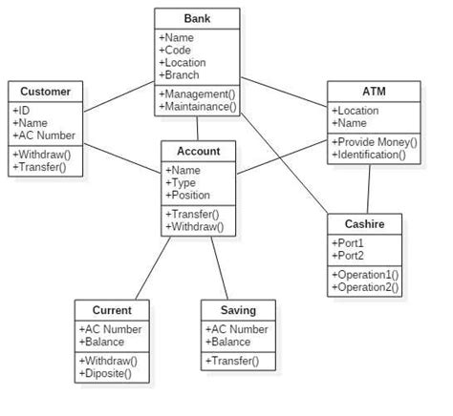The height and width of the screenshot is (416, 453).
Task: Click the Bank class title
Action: point(198,19)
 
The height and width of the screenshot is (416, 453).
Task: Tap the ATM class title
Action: point(373,92)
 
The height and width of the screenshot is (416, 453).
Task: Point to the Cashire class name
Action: point(365,223)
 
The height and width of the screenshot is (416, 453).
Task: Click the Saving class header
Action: point(238,310)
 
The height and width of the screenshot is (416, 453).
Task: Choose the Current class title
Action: point(112,310)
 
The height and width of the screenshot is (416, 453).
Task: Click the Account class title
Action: point(198,151)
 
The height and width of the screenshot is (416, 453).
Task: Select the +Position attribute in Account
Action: point(189,196)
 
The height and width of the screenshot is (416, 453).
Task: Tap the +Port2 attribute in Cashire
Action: point(346,256)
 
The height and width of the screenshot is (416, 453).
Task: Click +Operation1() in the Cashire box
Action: point(365,274)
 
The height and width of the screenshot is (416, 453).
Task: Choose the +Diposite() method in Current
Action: point(105,374)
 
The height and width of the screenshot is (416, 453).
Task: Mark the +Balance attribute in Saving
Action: point(229,342)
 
